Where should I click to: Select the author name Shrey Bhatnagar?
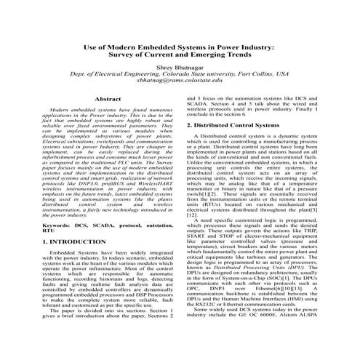[179, 67]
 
